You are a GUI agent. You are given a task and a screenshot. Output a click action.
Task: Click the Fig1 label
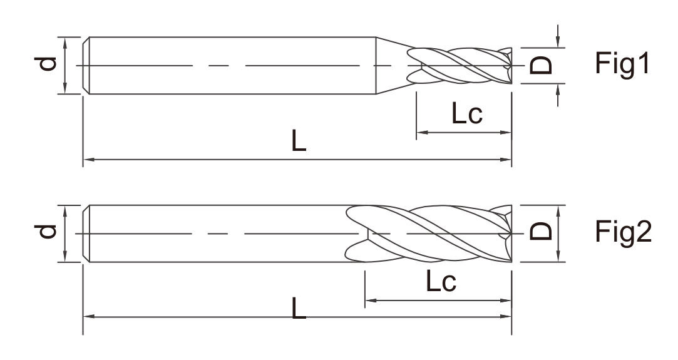pyautogui.click(x=622, y=63)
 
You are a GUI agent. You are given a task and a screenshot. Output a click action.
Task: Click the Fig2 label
pyautogui.click(x=623, y=232)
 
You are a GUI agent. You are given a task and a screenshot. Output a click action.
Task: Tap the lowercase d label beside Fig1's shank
pyautogui.click(x=46, y=63)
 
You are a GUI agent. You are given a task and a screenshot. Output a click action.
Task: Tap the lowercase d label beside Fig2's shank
pyautogui.click(x=46, y=231)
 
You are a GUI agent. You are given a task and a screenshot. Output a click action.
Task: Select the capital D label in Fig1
pyautogui.click(x=541, y=65)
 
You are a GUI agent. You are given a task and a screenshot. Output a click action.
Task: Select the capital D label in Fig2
pyautogui.click(x=541, y=231)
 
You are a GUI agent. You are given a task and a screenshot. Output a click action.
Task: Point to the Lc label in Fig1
pyautogui.click(x=466, y=114)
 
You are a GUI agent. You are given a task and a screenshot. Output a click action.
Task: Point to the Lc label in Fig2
pyautogui.click(x=441, y=281)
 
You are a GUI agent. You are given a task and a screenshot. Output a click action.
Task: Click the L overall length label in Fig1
pyautogui.click(x=299, y=141)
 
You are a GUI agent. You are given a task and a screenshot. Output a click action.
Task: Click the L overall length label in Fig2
pyautogui.click(x=299, y=307)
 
